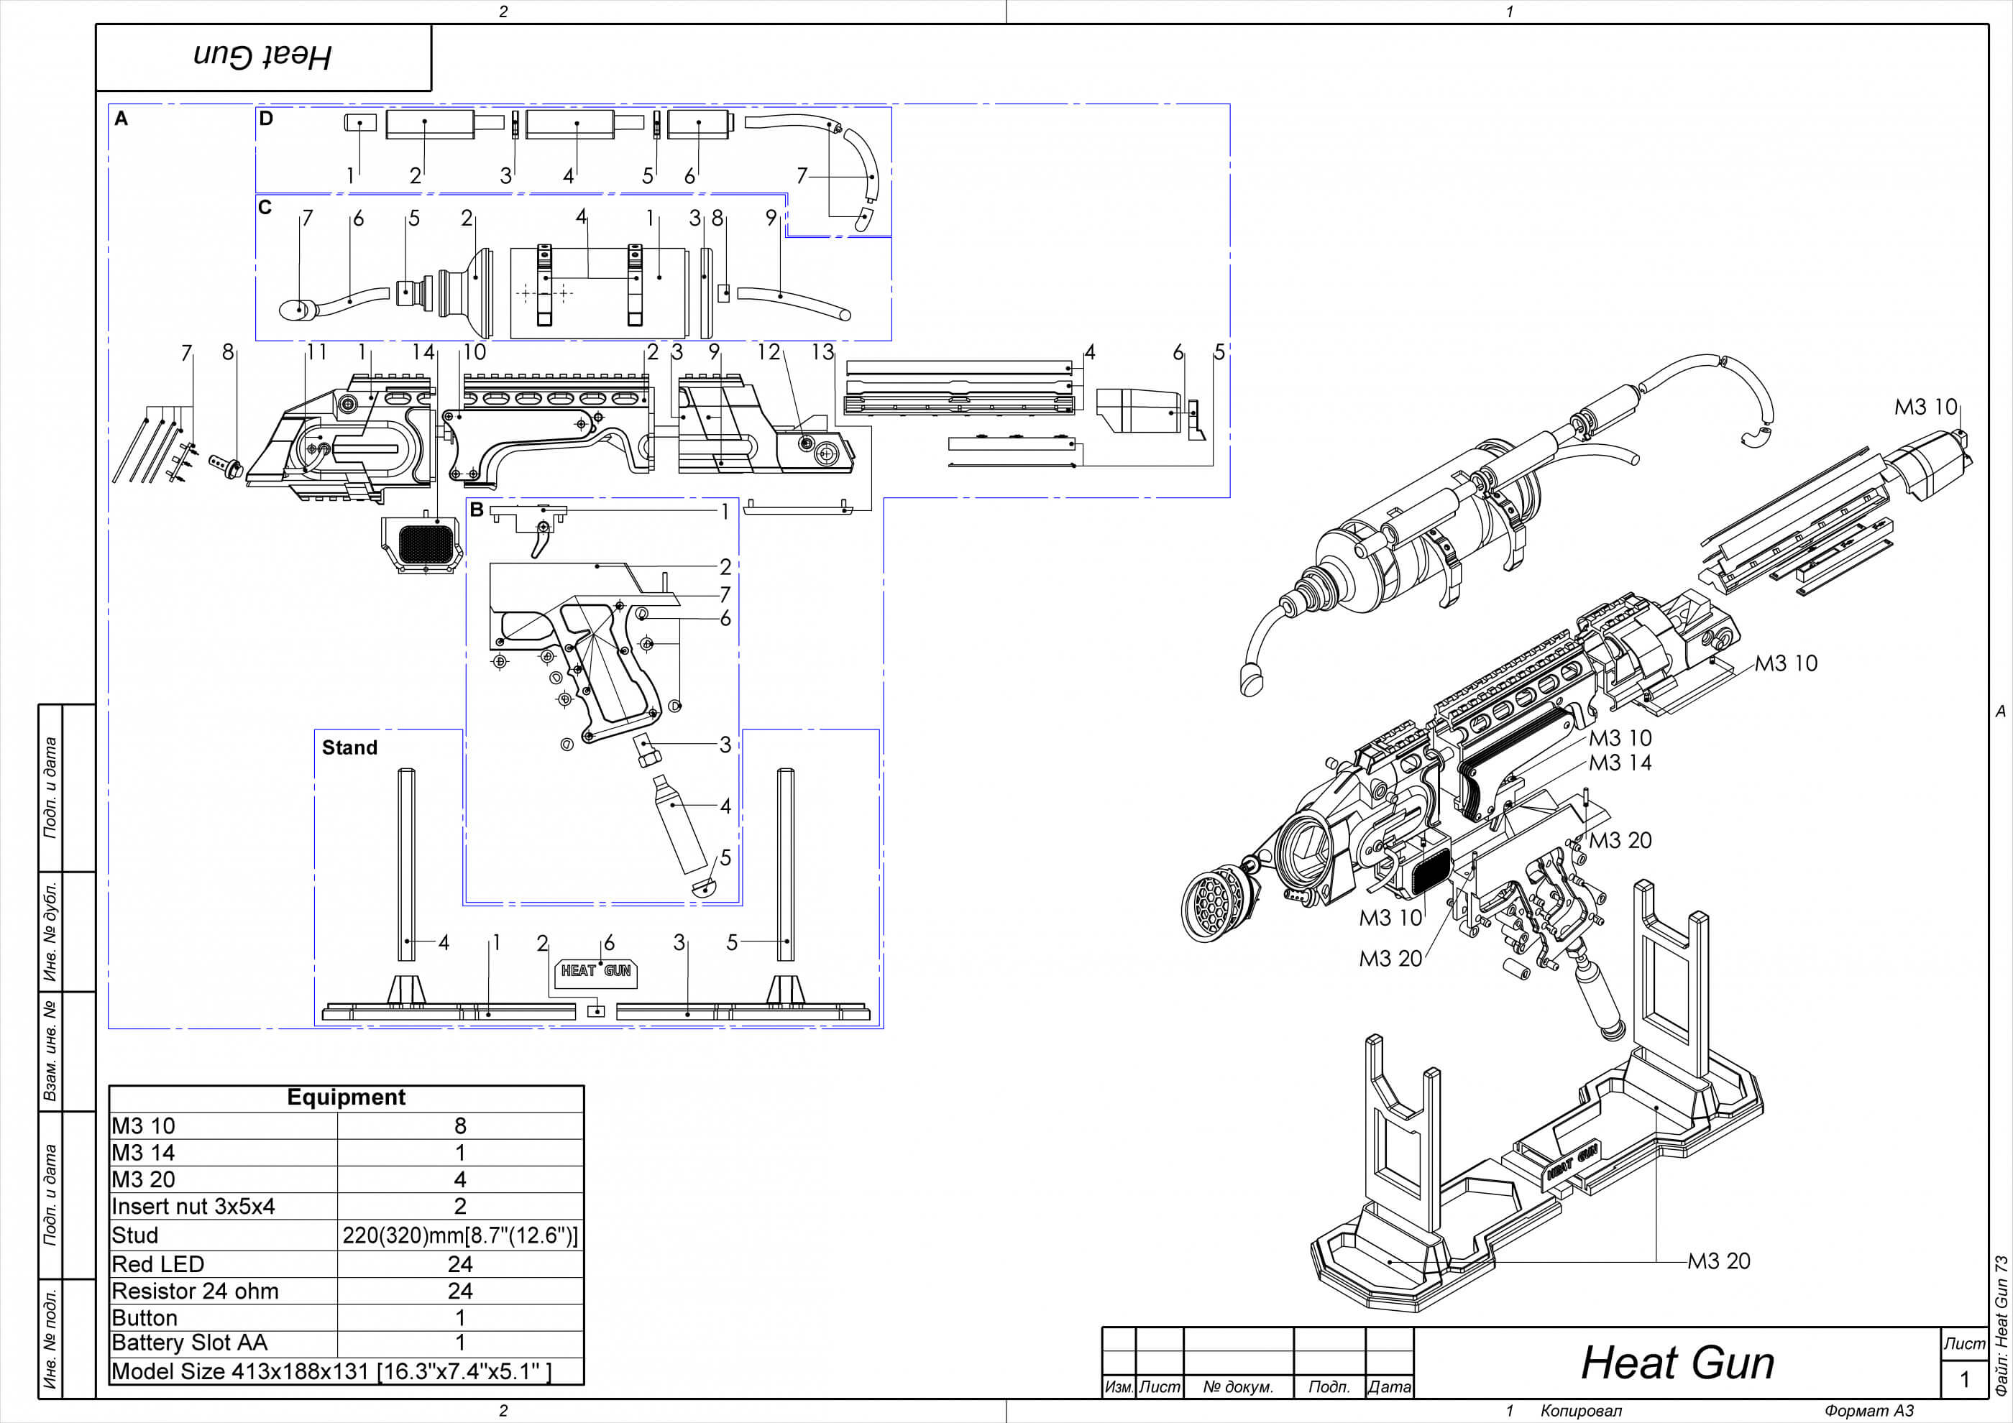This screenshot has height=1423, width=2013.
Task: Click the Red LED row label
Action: pos(158,1263)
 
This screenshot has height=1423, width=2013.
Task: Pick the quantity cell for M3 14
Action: pos(459,1152)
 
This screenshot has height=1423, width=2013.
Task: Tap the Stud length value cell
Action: pos(459,1235)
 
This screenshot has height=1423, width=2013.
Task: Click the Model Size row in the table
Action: pos(331,1371)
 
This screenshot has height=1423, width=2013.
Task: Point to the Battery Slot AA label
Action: pos(189,1343)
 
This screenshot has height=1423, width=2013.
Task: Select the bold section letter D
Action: pos(266,119)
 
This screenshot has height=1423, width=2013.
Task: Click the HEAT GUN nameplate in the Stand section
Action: pos(596,971)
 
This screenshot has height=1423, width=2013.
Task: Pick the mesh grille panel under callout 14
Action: pos(425,543)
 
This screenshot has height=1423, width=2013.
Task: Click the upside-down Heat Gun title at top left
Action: pos(262,57)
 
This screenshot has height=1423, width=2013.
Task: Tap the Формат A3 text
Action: pos(1868,1411)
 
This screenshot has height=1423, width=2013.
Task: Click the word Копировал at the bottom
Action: pos(1581,1411)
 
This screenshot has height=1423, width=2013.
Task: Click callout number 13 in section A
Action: pos(822,352)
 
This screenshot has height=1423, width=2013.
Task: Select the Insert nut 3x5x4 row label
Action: pos(193,1207)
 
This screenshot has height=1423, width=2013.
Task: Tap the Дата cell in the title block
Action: pos(1390,1387)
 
